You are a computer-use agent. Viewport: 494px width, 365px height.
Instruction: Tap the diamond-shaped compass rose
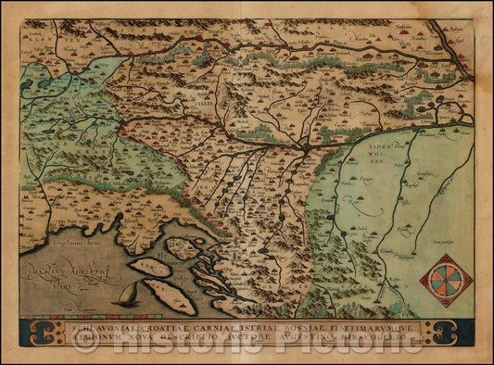[x=446, y=280]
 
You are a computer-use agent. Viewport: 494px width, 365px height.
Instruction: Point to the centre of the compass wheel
[x=446, y=280]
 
